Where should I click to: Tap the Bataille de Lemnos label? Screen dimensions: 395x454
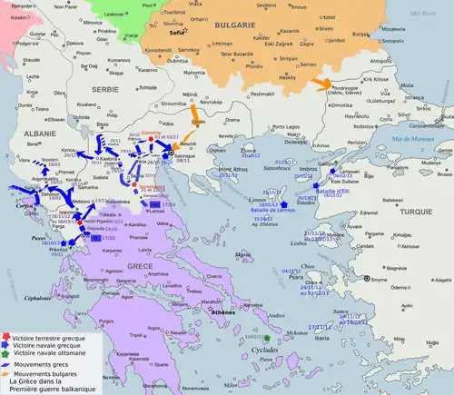pos(274,211)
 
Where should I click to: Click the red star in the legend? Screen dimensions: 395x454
pos(7,335)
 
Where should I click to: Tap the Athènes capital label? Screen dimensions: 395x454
pos(222,311)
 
